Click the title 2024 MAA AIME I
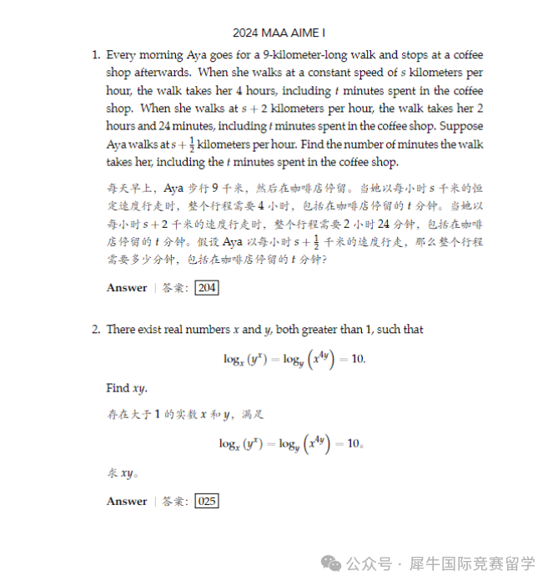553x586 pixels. [x=279, y=33]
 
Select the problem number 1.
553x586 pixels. [x=95, y=55]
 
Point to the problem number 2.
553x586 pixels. [x=95, y=330]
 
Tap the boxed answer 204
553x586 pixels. [x=206, y=288]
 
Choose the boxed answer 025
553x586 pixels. [x=206, y=502]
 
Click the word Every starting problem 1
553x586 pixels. [x=121, y=55]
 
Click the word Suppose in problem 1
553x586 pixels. [x=460, y=126]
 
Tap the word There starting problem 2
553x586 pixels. [x=121, y=330]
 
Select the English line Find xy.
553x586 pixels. [x=129, y=388]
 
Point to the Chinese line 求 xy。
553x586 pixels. [x=123, y=473]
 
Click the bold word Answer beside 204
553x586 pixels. [x=127, y=288]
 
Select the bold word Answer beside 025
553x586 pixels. [x=127, y=502]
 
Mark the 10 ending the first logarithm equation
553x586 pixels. [x=355, y=359]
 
